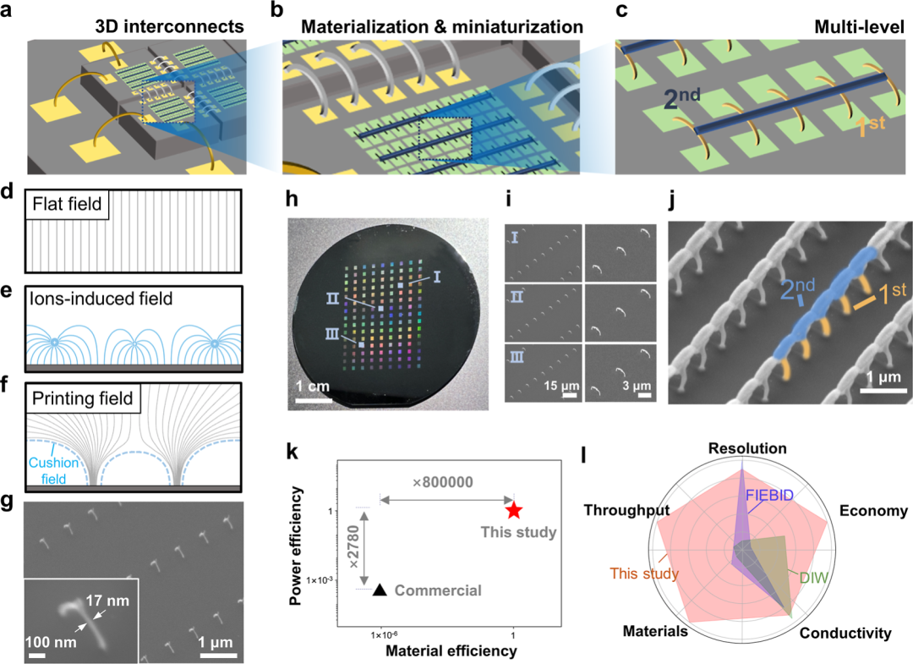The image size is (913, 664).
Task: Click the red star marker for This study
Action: (514, 510)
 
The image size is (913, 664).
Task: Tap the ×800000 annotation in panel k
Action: (443, 481)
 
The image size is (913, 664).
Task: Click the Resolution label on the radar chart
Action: (747, 449)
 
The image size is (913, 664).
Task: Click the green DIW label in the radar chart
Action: (810, 578)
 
